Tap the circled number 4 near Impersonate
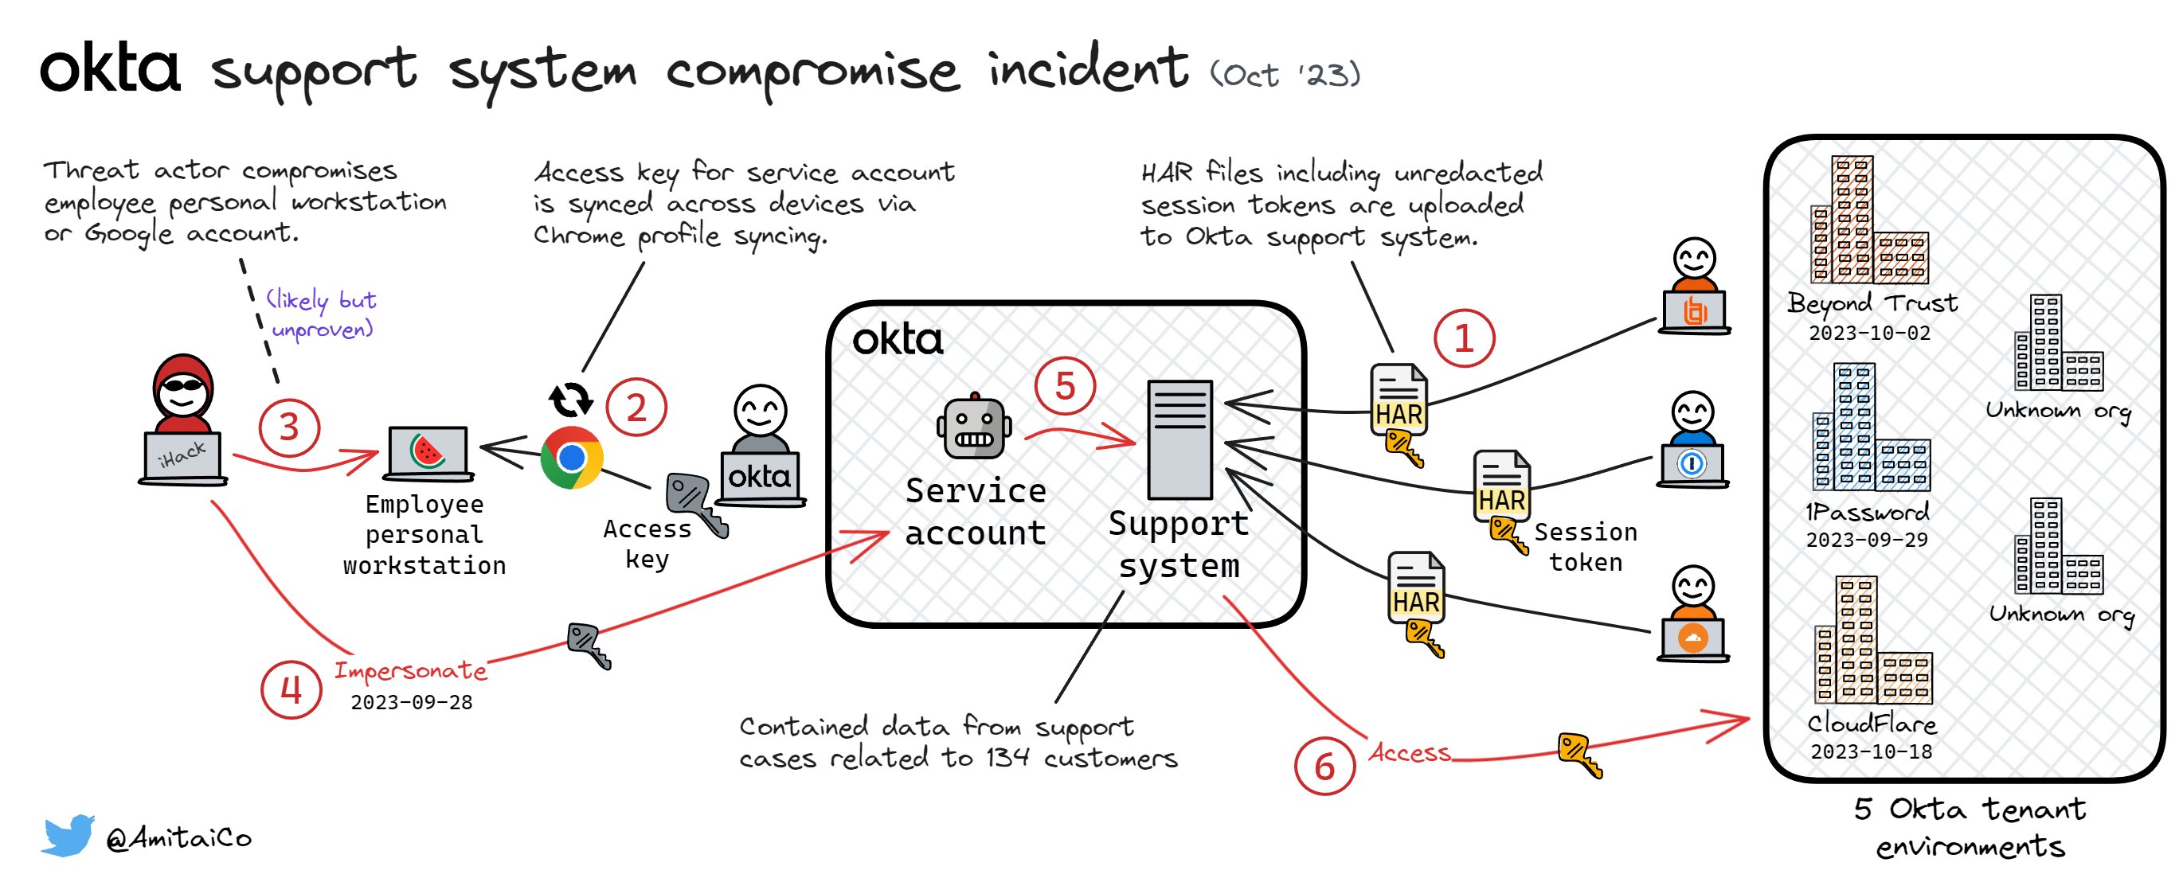point(291,690)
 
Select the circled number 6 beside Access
point(1324,766)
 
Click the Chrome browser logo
point(572,458)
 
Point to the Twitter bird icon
point(68,835)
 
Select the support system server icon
point(1179,439)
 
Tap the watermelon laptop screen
point(427,451)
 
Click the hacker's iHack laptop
point(182,458)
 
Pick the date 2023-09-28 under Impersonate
point(411,702)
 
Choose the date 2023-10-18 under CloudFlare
point(1871,751)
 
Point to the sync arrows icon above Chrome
point(571,400)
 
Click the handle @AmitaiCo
point(178,837)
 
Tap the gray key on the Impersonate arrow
point(589,644)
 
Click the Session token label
point(1585,547)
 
